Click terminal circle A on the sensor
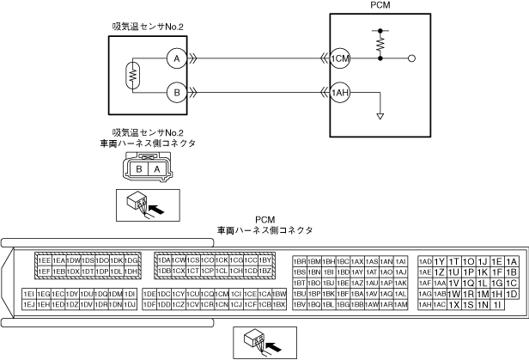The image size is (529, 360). click(176, 58)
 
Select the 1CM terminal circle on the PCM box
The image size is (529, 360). click(340, 58)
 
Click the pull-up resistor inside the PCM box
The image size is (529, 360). click(380, 39)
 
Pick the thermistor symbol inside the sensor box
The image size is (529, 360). click(134, 76)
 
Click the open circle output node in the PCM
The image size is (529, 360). click(413, 58)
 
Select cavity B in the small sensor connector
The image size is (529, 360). click(138, 169)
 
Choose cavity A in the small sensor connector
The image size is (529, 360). click(157, 169)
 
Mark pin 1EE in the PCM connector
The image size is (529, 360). click(43, 260)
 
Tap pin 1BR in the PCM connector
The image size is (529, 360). click(300, 260)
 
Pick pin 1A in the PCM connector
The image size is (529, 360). click(512, 261)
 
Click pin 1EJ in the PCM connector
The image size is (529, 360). click(28, 304)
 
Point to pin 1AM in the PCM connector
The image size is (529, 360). click(386, 304)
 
